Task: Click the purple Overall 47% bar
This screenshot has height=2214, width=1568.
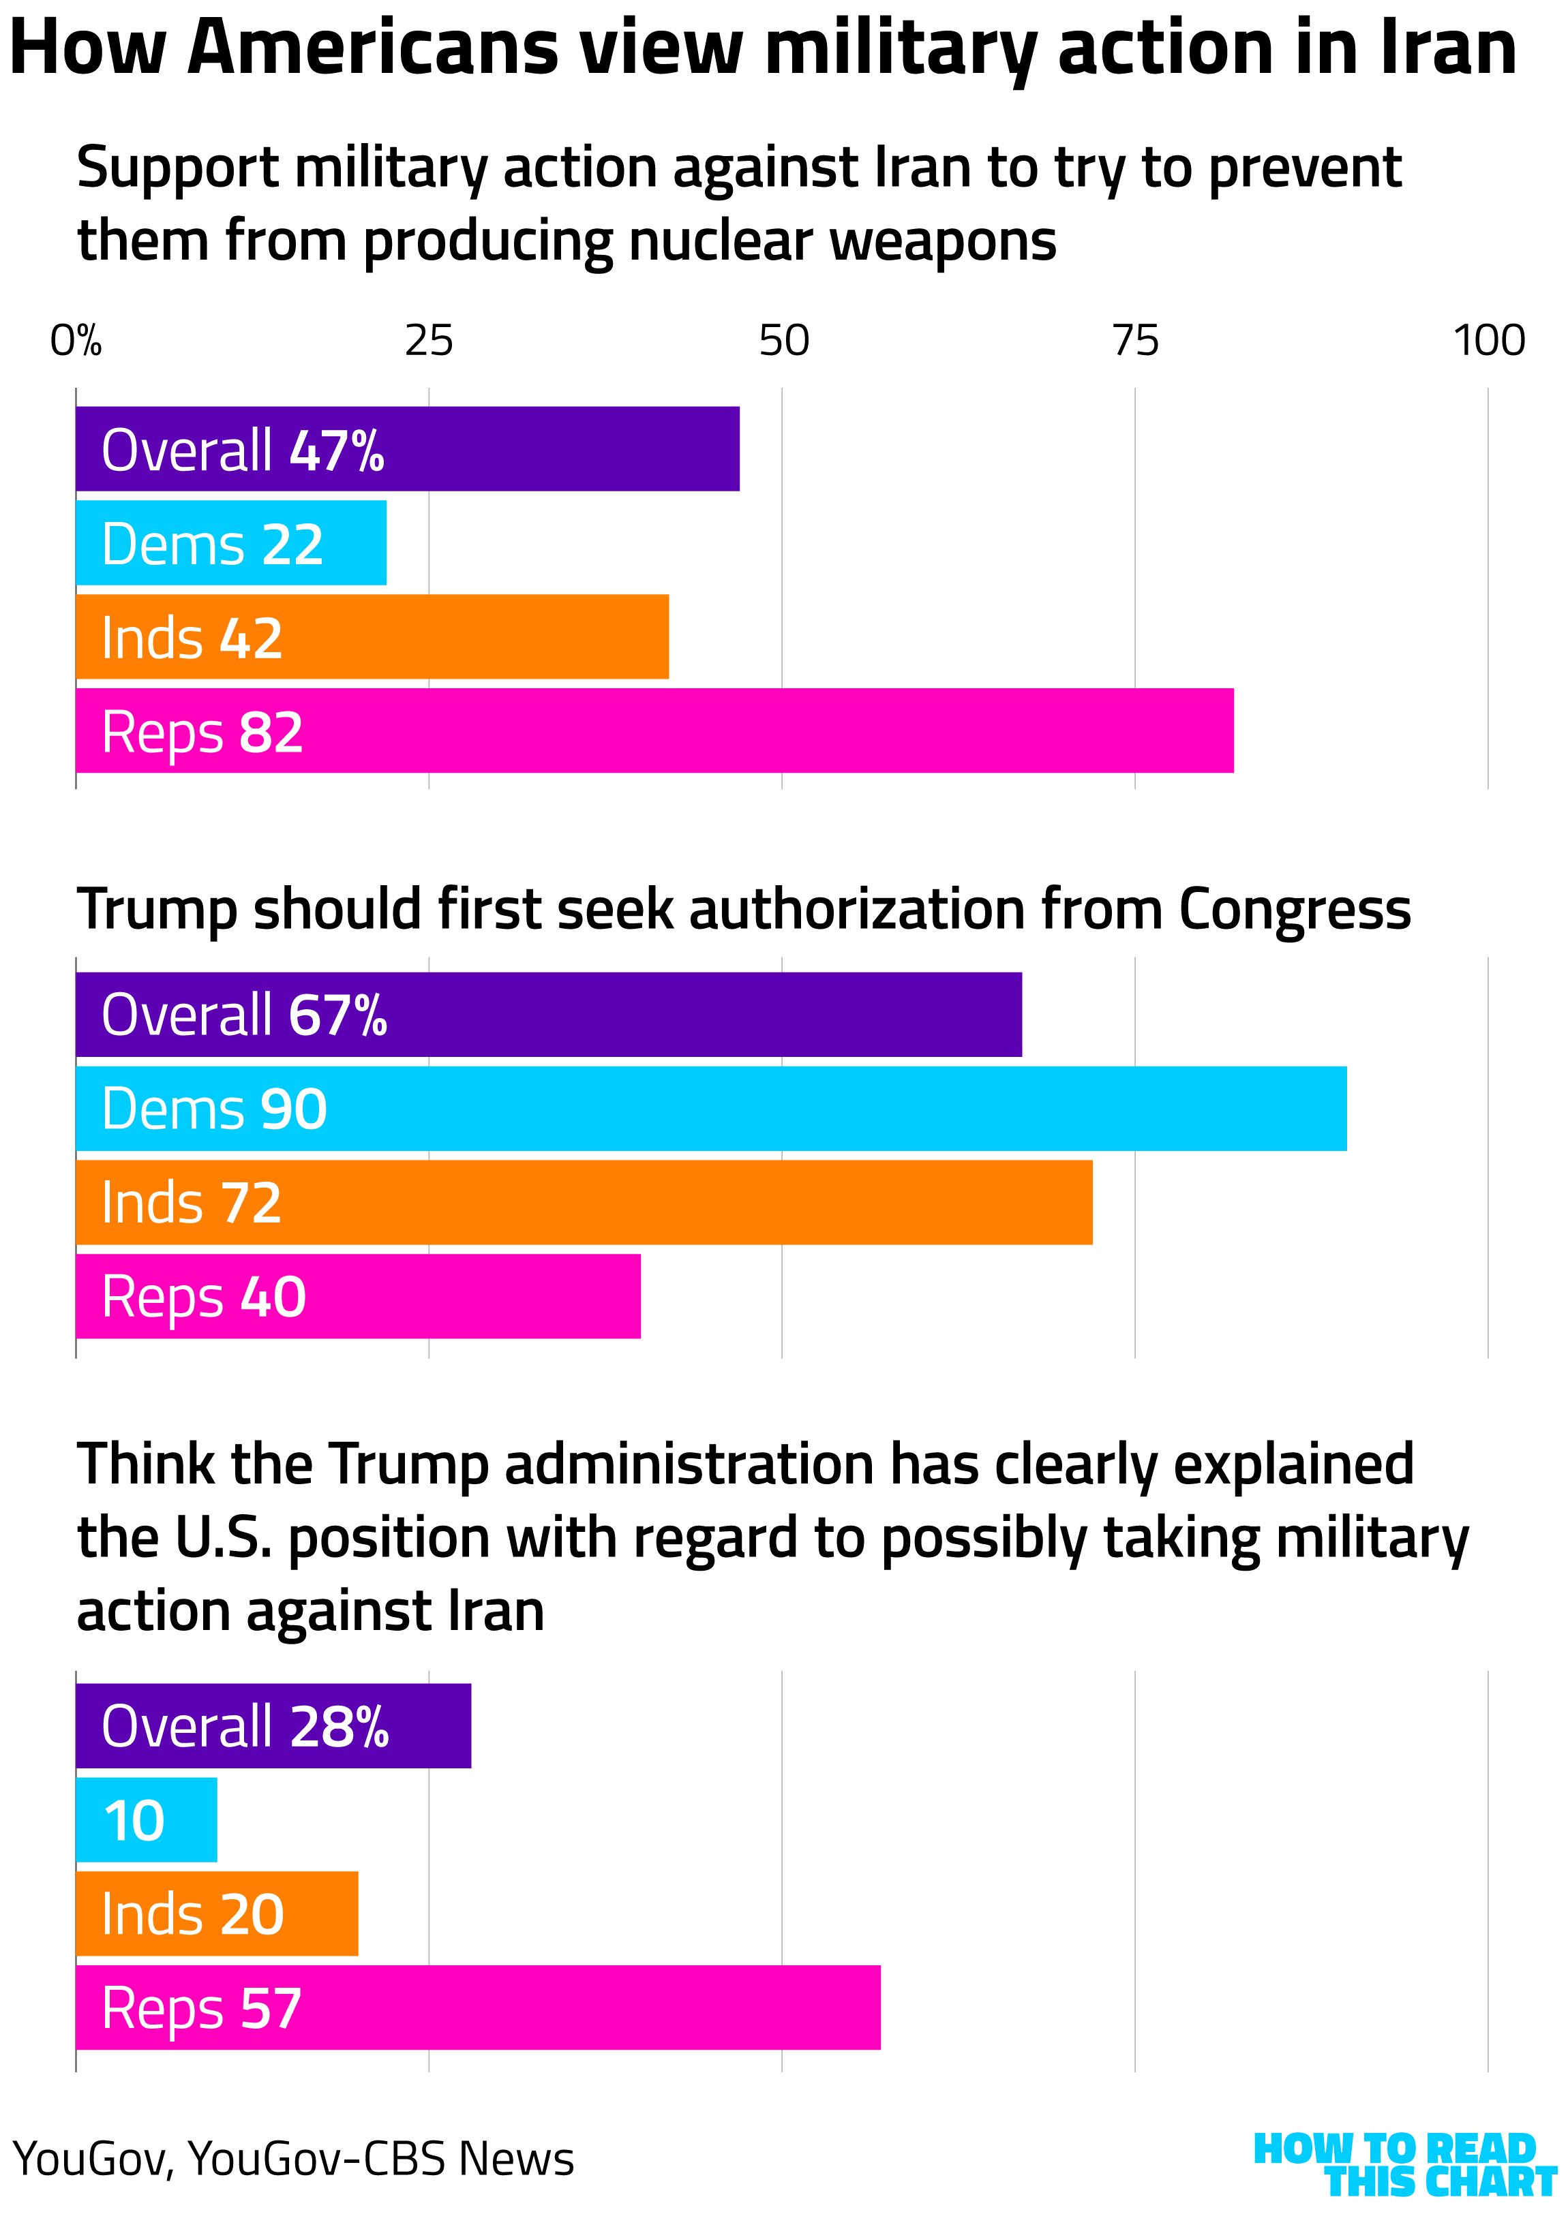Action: (x=408, y=449)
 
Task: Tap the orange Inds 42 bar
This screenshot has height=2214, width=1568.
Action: (x=372, y=637)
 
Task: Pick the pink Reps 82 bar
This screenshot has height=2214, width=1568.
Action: (x=654, y=731)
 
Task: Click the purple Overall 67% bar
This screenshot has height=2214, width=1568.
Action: (x=548, y=1015)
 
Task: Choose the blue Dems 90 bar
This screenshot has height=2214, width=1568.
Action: (x=710, y=1108)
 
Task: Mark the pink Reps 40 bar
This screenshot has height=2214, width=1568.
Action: (x=358, y=1296)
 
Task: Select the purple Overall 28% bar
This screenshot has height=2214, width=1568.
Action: (x=273, y=1725)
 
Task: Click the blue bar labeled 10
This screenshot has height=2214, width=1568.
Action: (x=147, y=1819)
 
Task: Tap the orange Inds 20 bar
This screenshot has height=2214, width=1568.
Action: (x=217, y=1914)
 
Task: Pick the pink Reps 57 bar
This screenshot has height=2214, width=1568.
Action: (x=478, y=2008)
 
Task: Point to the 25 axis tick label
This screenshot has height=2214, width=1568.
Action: (x=429, y=341)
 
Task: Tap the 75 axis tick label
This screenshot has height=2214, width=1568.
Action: (x=1136, y=341)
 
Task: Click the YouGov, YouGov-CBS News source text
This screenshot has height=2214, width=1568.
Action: (x=292, y=2159)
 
